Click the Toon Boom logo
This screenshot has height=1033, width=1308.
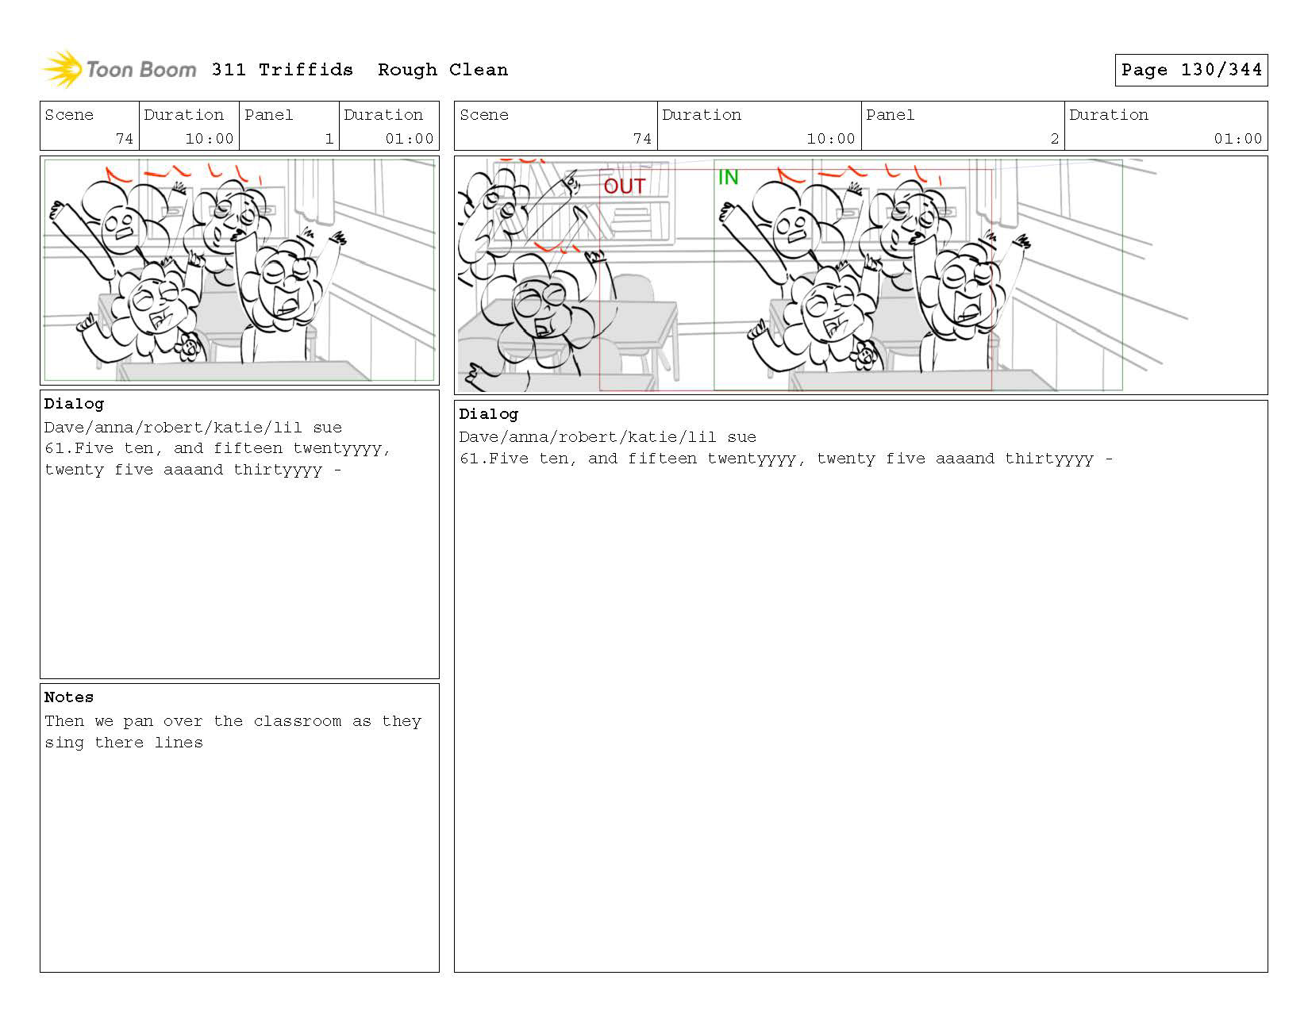(119, 70)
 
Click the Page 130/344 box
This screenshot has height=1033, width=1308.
(1191, 70)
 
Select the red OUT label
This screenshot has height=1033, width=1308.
(625, 186)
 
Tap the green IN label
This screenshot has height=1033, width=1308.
(728, 178)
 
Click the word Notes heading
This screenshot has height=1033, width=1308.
(69, 697)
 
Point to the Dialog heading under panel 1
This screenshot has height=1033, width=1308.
(74, 404)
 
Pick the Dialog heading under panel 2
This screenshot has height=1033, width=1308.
(488, 414)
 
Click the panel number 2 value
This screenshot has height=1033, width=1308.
(1054, 139)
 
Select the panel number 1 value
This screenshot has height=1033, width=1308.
(329, 139)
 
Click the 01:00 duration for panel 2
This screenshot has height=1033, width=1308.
(1237, 139)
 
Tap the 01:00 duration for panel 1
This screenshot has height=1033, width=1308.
(410, 139)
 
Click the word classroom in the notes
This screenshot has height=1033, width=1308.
(298, 721)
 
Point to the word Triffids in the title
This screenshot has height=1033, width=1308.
(306, 70)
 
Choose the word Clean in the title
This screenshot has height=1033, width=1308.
(479, 70)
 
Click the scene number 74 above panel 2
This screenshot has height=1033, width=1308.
(642, 139)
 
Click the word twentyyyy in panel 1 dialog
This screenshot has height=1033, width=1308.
(342, 448)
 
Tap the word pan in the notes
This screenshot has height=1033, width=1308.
(138, 722)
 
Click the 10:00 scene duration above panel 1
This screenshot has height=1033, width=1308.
(210, 139)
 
